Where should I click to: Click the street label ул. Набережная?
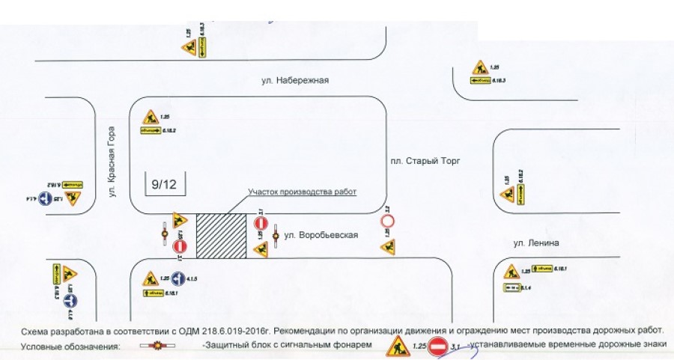(295, 81)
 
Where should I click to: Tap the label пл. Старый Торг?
(423, 160)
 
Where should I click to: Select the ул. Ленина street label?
(536, 242)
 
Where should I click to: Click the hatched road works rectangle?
(221, 237)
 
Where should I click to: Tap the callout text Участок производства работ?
(303, 192)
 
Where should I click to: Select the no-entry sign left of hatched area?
(180, 246)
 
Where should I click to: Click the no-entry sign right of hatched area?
(261, 224)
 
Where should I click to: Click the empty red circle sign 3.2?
(387, 222)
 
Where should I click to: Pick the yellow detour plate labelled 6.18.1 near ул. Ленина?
(544, 270)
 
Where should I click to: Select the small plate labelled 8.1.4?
(511, 287)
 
